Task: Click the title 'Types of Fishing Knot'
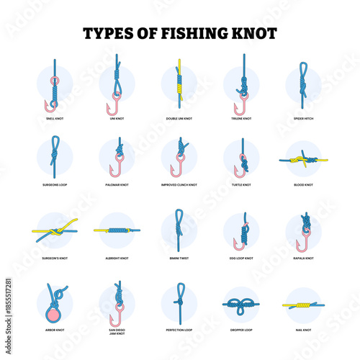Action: pyautogui.click(x=180, y=33)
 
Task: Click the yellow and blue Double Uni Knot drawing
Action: pyautogui.click(x=179, y=85)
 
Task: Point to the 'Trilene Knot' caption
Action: pyautogui.click(x=241, y=118)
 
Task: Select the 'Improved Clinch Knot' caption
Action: pyautogui.click(x=179, y=185)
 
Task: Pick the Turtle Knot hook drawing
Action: pyautogui.click(x=241, y=160)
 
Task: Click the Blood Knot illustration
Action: pyautogui.click(x=303, y=160)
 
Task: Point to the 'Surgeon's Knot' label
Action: pyautogui.click(x=54, y=257)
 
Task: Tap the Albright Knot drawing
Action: pyautogui.click(x=116, y=230)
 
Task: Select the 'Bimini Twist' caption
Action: pyautogui.click(x=179, y=257)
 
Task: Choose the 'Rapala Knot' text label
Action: pyautogui.click(x=303, y=257)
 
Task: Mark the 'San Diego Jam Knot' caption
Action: pyautogui.click(x=116, y=331)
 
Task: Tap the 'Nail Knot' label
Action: pyautogui.click(x=303, y=329)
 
